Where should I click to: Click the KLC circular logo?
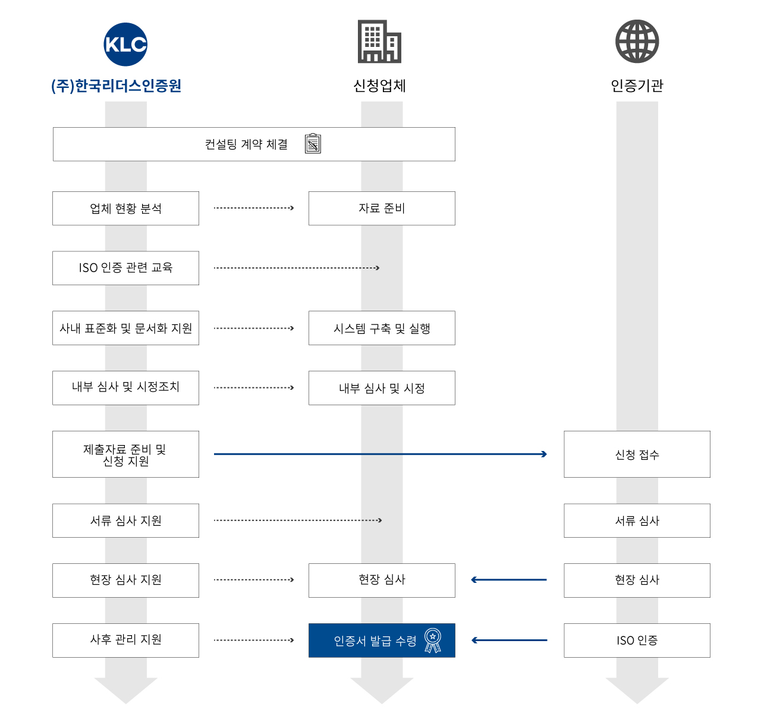125,45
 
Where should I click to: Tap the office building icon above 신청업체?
379,42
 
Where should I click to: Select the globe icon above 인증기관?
637,42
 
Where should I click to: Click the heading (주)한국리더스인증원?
117,86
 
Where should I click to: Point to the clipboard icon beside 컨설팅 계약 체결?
313,144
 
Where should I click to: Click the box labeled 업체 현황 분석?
125,209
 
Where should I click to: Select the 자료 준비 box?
382,209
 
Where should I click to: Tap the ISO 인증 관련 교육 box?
125,268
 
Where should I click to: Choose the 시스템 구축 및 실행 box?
382,328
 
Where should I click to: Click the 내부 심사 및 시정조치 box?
125,387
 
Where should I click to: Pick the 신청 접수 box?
637,455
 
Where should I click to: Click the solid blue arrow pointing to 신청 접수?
380,454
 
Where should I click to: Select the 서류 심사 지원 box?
125,520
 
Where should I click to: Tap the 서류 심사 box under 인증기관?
637,520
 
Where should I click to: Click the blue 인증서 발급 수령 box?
375,641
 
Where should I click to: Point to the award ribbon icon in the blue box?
433,641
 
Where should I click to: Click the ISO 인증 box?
637,641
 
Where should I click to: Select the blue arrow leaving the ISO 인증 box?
509,641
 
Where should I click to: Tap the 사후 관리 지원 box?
125,640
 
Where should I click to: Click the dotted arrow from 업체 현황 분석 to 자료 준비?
254,208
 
